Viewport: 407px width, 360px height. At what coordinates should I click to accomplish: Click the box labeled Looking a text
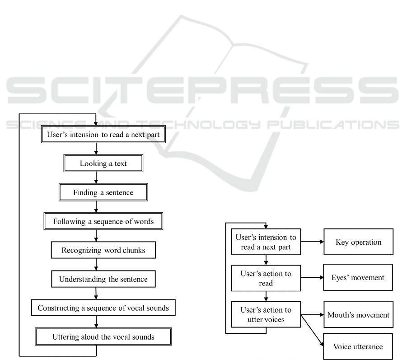(x=103, y=164)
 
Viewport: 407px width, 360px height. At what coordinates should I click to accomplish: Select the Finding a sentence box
(x=103, y=193)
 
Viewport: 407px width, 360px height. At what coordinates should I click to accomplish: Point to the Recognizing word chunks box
(x=103, y=250)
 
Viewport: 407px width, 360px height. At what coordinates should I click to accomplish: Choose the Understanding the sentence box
(x=103, y=279)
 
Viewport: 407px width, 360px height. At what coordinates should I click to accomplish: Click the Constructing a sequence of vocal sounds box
(x=103, y=309)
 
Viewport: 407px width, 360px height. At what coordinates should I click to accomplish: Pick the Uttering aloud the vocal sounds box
(x=103, y=337)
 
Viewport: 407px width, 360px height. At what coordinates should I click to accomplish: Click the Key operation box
(x=358, y=242)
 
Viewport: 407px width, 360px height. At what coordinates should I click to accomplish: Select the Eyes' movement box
(x=358, y=277)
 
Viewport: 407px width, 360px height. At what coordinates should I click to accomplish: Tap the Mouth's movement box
(x=358, y=314)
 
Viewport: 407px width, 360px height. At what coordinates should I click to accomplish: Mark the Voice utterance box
(x=358, y=346)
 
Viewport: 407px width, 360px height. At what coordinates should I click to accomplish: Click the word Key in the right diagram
(x=342, y=242)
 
